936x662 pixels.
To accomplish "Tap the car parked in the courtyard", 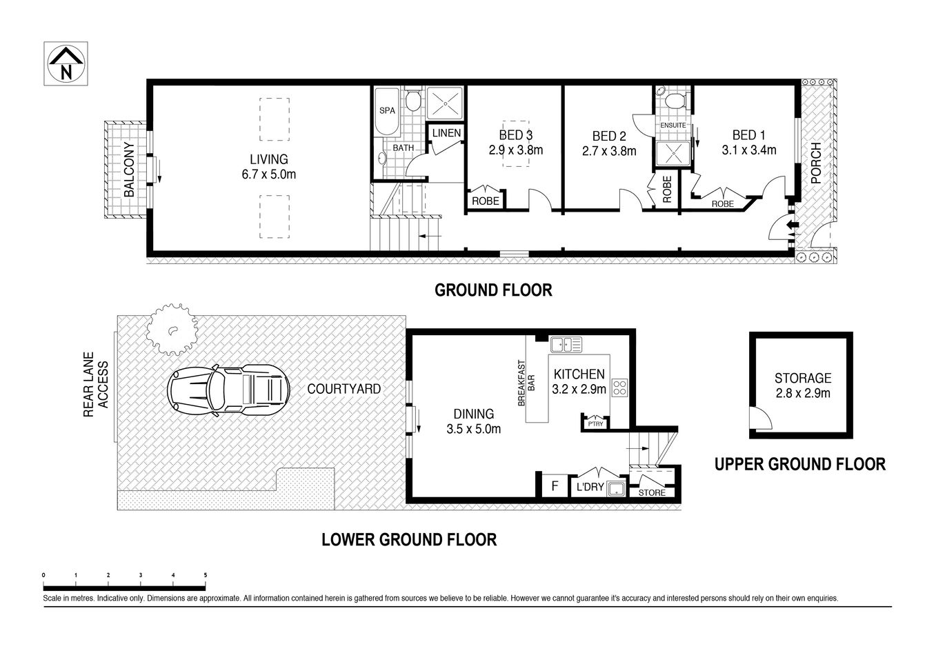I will (x=228, y=391).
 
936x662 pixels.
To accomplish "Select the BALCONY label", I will (x=128, y=170).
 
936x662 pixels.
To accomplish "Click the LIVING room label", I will (x=268, y=159).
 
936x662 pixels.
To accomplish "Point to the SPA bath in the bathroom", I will (x=387, y=110).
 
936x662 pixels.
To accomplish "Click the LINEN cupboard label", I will (x=446, y=132).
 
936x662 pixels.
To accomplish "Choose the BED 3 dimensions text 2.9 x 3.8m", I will (x=516, y=150).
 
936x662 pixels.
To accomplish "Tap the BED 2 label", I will (x=608, y=136).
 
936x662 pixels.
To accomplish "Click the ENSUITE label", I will (x=673, y=126).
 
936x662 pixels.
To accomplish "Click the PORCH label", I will (x=816, y=163).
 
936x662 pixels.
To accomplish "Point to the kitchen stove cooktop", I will (x=619, y=388).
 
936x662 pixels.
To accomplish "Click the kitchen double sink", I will (x=569, y=343).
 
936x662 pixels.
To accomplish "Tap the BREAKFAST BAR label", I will (x=526, y=382).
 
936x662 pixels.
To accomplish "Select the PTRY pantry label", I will (x=595, y=424).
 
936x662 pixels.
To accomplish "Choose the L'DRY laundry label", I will (x=590, y=488).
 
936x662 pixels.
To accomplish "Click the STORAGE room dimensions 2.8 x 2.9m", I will (x=802, y=394).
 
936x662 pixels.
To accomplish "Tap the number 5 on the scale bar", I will (x=206, y=574).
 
